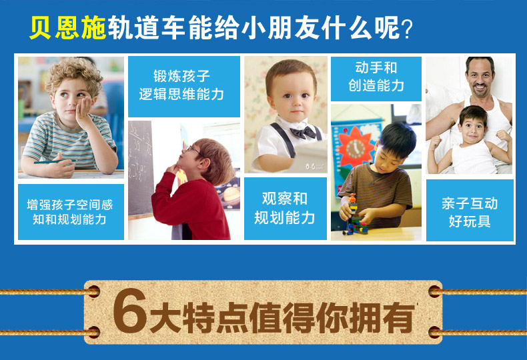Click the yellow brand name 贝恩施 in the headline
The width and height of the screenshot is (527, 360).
pos(67,27)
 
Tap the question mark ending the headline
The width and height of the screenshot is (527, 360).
pos(407,29)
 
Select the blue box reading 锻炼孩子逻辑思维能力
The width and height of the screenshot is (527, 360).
pos(184,86)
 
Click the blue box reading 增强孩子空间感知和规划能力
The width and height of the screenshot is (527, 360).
pos(71,211)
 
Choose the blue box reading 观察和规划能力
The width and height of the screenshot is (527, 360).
pos(285,209)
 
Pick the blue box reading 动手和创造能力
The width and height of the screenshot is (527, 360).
pos(376,79)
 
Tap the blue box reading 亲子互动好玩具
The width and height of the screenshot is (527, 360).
pos(470,210)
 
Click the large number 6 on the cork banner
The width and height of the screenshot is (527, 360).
pos(129,311)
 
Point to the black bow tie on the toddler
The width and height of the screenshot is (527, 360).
pos(303,132)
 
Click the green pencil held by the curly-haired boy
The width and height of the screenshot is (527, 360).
pos(55,162)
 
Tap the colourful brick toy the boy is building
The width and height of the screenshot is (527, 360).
pos(354,215)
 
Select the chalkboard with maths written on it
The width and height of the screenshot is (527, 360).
pos(141,168)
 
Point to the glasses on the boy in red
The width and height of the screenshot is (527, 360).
pos(193,149)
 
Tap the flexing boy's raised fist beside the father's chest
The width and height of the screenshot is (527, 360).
pos(503,136)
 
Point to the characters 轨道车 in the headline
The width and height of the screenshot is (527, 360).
pos(146,27)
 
